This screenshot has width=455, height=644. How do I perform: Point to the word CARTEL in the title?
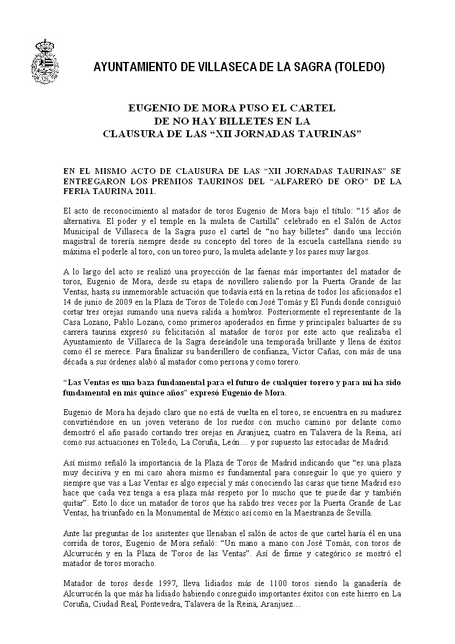308,107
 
